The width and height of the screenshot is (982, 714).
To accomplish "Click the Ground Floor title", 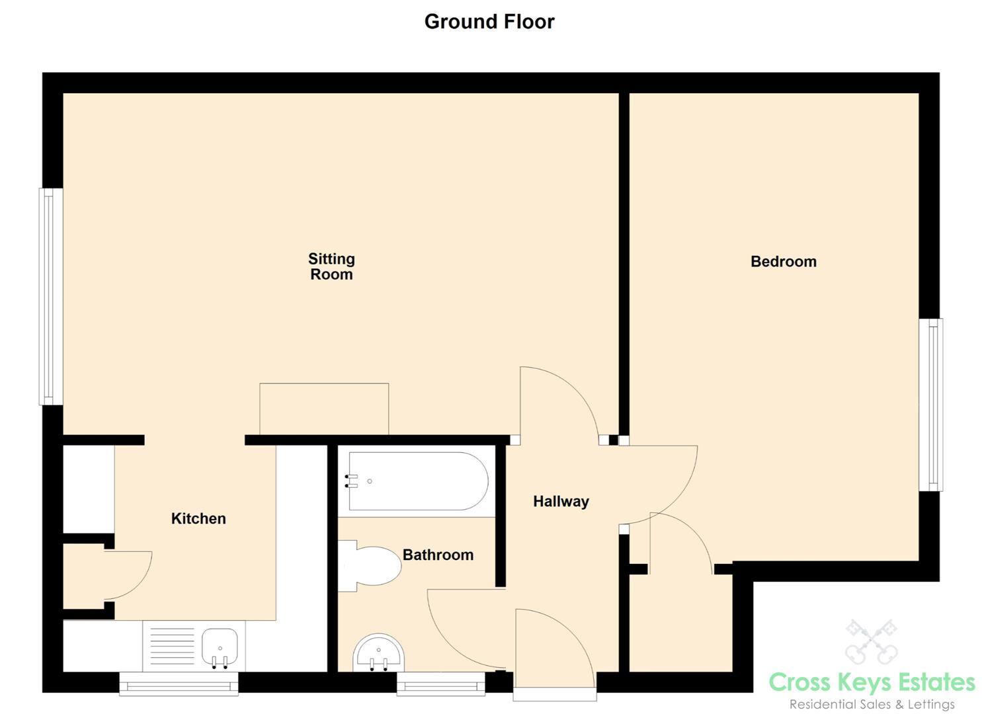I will pos(489,22).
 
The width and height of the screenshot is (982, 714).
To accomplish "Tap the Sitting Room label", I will pos(331,266).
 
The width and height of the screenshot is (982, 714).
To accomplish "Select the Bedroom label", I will pos(783,262).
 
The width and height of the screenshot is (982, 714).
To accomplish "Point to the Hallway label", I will pos(561,502).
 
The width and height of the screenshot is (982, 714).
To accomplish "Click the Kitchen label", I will pos(198,519).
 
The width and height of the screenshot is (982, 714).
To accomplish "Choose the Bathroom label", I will pos(438,555).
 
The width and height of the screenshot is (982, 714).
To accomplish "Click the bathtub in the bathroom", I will pos(418,481).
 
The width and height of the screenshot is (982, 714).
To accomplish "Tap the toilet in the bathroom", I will pos(370,566).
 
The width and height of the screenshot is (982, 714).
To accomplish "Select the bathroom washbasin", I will pos(379,653).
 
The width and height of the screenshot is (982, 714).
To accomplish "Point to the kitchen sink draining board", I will pos(172,647).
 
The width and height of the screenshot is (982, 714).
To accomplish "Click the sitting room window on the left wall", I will pos(51,296).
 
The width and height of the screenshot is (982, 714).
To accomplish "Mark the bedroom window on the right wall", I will pos(931,405).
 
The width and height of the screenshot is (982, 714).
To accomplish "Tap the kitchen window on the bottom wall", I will pos(179,684).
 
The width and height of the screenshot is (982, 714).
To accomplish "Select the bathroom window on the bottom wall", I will pos(441,684).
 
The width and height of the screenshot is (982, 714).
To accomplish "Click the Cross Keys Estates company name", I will pos(872,682).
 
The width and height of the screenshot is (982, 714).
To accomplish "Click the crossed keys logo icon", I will pos(872,641).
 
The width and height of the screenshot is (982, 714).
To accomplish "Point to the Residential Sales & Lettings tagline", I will pos(872,705).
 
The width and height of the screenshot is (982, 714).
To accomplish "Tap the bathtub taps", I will pos(351,481).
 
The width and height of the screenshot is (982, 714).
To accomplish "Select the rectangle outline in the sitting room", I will pos(324,409).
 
